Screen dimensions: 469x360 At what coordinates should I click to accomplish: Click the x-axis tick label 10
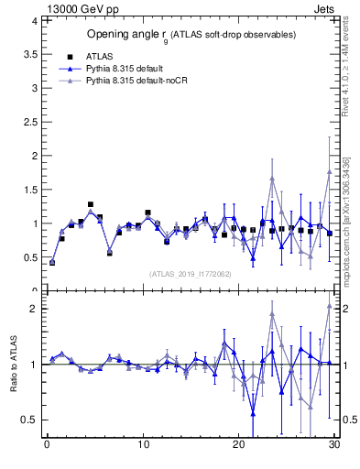pos(143,446)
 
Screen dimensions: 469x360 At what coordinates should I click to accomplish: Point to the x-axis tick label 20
pos(239,446)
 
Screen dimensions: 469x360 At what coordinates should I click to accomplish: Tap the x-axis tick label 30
pos(334,446)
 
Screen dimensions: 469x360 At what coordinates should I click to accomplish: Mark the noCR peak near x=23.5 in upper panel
pos(272,179)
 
